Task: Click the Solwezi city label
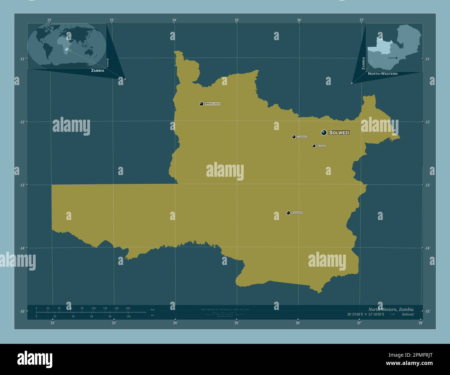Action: tap(339, 132)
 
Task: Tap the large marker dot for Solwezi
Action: tap(324, 132)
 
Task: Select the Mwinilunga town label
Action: tap(213, 104)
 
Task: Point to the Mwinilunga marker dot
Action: tap(201, 104)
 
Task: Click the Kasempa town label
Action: tap(297, 213)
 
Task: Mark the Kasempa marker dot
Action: tap(288, 213)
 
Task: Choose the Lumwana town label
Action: tap(302, 137)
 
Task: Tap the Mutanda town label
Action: tap(321, 146)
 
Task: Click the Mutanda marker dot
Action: tap(314, 146)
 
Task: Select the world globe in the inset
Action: tap(67, 45)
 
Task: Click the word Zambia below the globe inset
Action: tap(98, 71)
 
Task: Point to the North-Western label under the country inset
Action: tap(382, 74)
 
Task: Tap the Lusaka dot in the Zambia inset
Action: tap(396, 58)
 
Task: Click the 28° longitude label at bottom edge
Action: tap(420, 323)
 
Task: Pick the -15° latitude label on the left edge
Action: tap(22, 311)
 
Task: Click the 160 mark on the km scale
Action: tap(128, 308)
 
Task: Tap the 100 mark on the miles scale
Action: tap(128, 317)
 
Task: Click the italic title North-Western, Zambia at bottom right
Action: tap(390, 309)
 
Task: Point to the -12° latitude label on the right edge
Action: tap(428, 122)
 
